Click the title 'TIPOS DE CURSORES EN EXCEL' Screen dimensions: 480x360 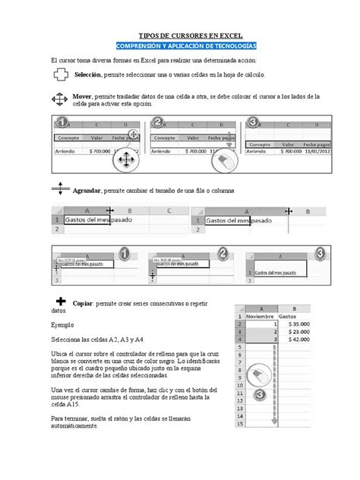(x=180, y=35)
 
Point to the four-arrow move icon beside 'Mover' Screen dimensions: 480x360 (x=60, y=100)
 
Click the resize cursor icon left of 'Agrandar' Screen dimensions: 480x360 (x=60, y=190)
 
